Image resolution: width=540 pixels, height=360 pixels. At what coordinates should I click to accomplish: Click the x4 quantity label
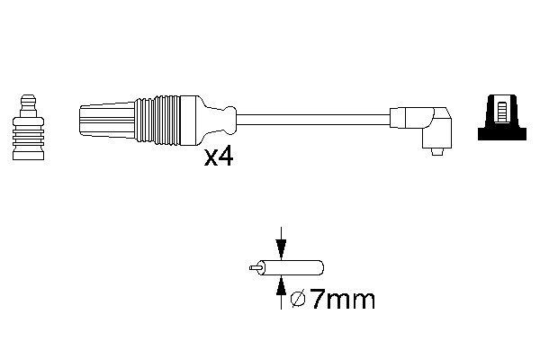point(220,158)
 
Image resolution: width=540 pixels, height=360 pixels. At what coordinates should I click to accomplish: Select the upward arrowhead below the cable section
point(282,281)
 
